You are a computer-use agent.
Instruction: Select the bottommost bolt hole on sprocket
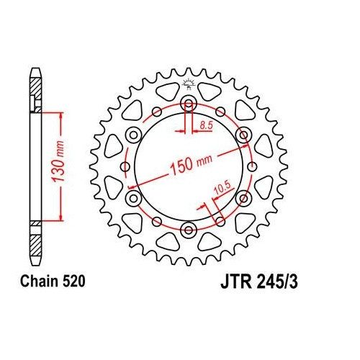point(189,230)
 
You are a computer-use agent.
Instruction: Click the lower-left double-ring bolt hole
point(133,198)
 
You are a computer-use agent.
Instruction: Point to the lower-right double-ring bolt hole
point(244,198)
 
